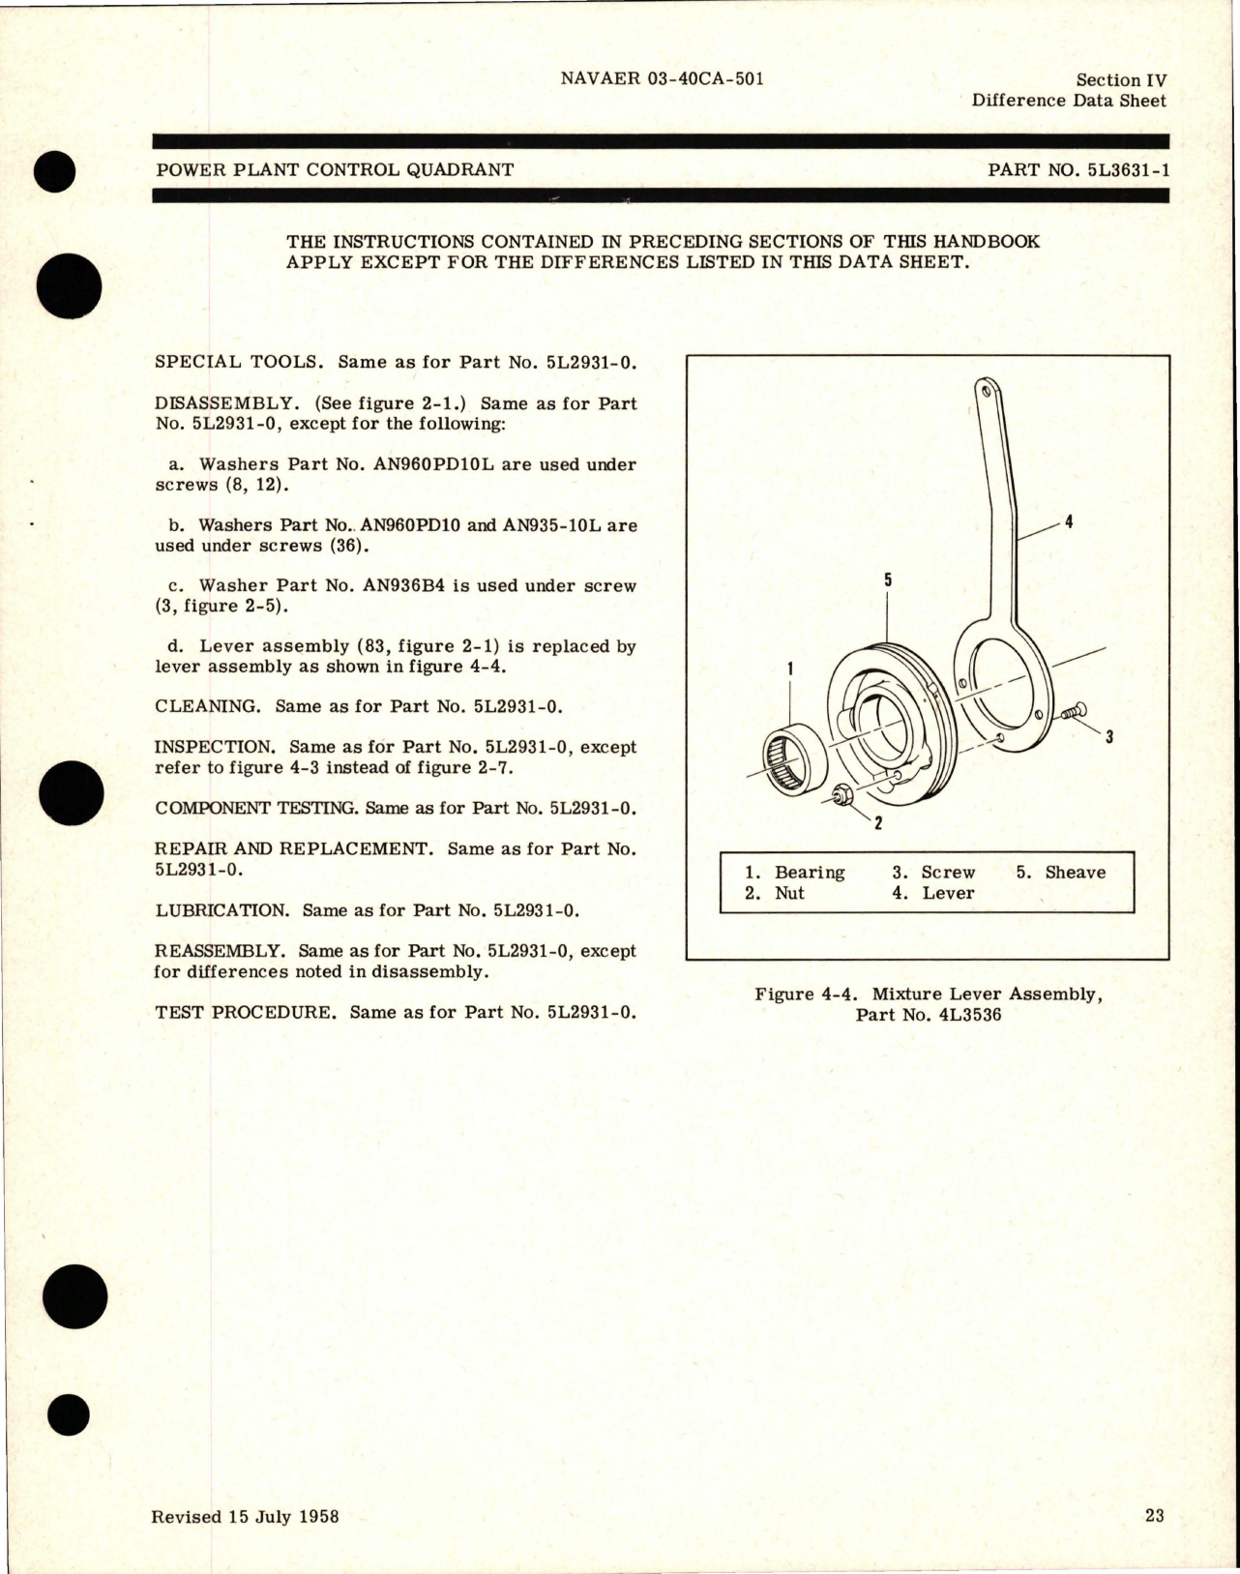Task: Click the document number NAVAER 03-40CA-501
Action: [x=662, y=79]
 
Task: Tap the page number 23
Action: [x=1154, y=1516]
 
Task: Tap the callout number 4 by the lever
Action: [x=1068, y=522]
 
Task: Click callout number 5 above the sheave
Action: [x=887, y=580]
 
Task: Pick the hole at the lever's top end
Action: [x=984, y=392]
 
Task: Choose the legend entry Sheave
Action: [x=1075, y=872]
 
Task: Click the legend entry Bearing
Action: [x=810, y=872]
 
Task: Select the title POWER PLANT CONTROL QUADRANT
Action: [x=334, y=169]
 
